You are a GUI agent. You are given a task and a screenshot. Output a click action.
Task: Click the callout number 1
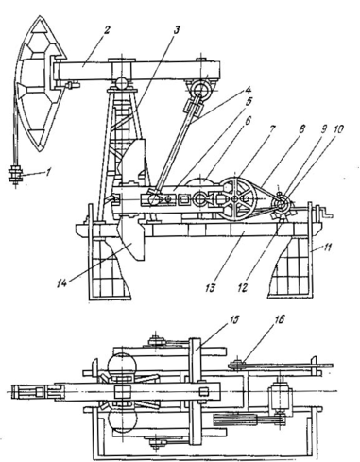tap(48, 172)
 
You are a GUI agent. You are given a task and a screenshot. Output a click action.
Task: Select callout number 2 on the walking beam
tap(107, 31)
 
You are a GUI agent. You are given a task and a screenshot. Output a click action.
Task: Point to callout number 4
tap(249, 91)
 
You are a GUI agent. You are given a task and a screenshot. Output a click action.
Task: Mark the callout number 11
tap(327, 248)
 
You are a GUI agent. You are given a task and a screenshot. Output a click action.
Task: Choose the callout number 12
tap(243, 287)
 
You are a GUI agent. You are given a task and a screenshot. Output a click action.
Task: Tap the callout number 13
tap(211, 287)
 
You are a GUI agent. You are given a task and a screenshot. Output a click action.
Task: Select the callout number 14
tap(62, 283)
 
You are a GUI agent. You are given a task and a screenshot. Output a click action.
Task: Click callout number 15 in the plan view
tap(233, 319)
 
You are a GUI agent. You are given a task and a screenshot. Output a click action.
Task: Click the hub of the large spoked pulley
tap(235, 199)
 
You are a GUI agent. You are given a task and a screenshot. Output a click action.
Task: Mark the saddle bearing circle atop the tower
tap(122, 83)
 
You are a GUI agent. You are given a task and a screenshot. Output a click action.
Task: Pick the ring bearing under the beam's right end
tap(199, 89)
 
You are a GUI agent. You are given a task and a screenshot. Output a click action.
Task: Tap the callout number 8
tap(301, 128)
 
